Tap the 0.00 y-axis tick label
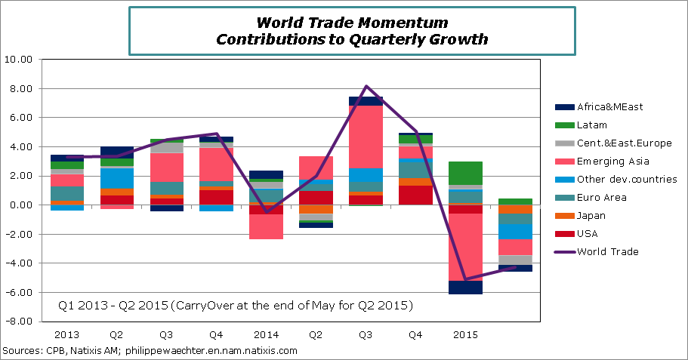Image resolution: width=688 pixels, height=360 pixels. pyautogui.click(x=20, y=205)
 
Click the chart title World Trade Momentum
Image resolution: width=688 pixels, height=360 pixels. pyautogui.click(x=352, y=23)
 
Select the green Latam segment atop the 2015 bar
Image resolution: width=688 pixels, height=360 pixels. pyautogui.click(x=464, y=173)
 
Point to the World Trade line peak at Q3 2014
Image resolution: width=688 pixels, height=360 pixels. pyautogui.click(x=366, y=86)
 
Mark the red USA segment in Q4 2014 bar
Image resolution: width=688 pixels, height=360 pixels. pyautogui.click(x=415, y=195)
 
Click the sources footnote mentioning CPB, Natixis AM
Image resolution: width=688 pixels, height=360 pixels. pyautogui.click(x=150, y=351)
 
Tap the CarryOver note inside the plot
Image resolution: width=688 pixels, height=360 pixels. pyautogui.click(x=236, y=305)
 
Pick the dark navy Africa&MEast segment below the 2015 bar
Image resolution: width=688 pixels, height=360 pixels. pyautogui.click(x=464, y=287)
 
